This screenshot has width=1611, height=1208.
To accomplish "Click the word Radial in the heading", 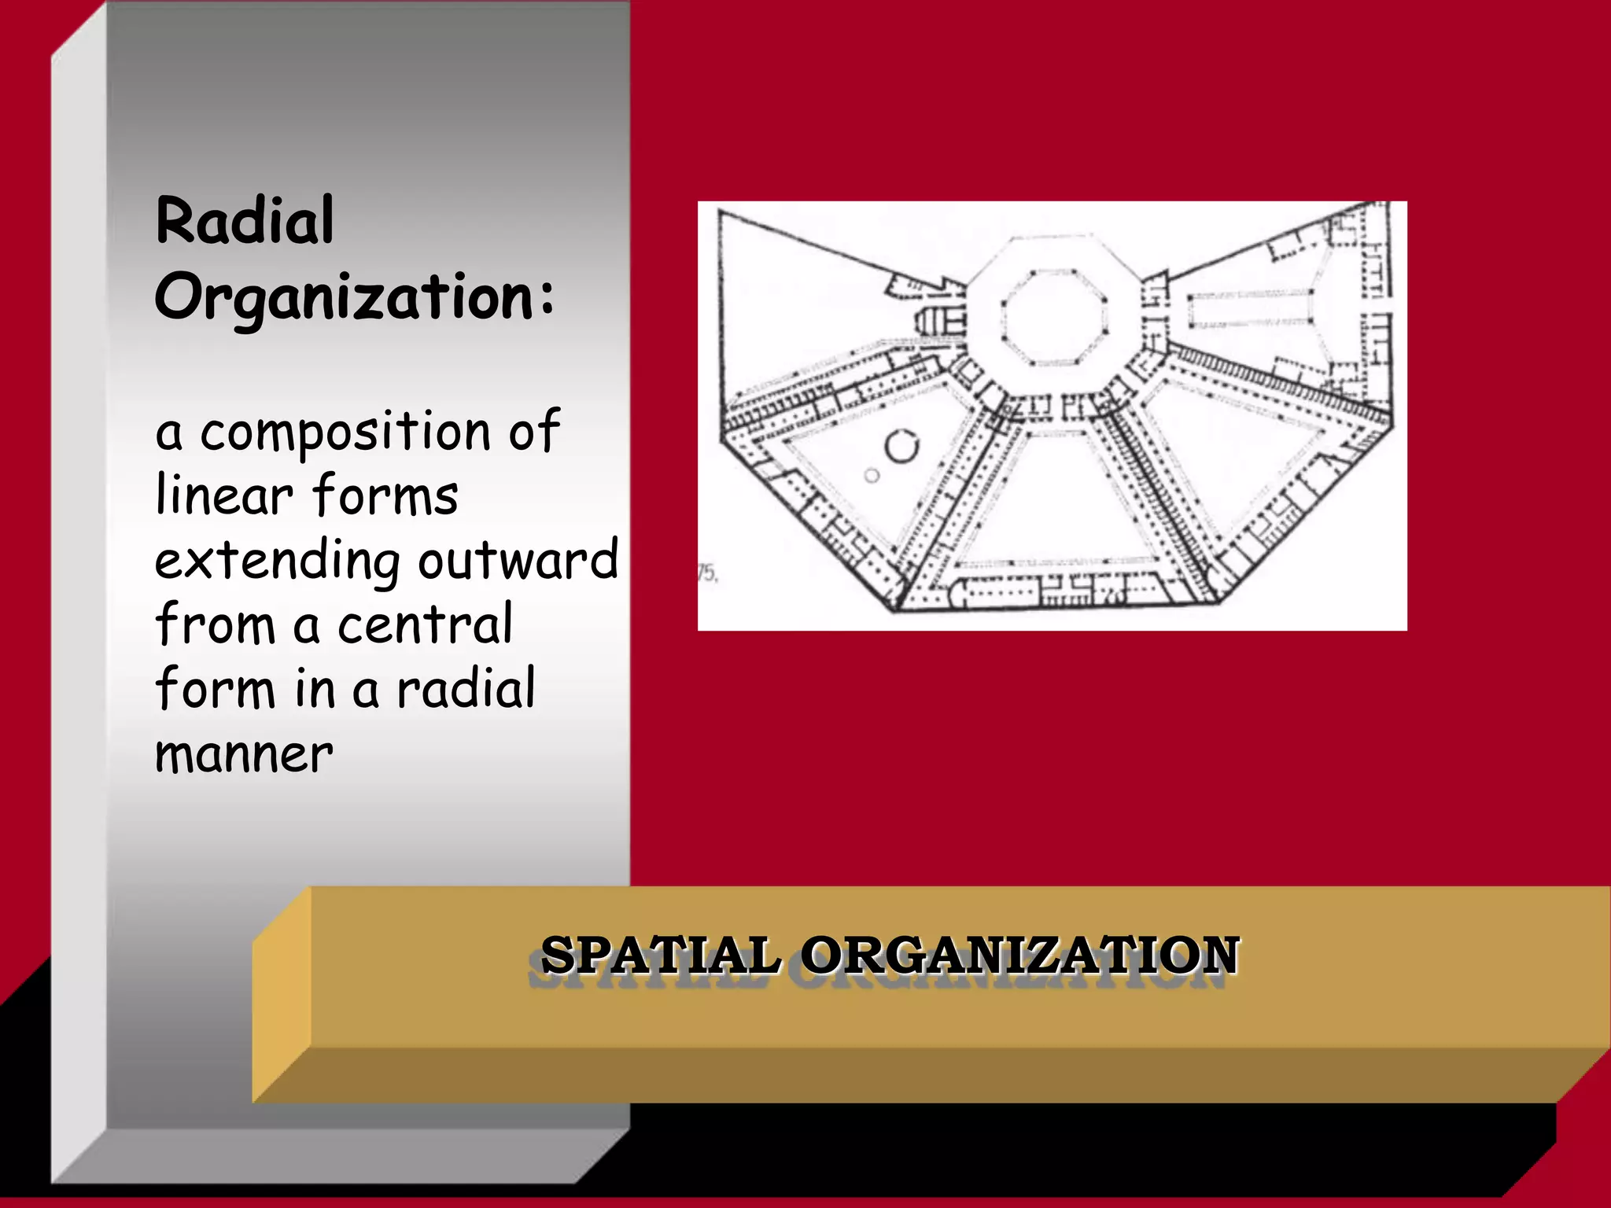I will click(x=245, y=221).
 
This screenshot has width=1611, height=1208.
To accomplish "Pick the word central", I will click(x=425, y=624).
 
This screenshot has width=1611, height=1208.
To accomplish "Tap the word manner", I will click(x=244, y=754).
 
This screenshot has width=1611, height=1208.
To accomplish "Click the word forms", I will click(x=385, y=495).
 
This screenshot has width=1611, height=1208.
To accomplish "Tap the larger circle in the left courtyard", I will click(x=901, y=447).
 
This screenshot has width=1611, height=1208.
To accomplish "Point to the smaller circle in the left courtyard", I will click(x=872, y=476).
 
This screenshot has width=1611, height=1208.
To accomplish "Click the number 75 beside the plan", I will click(x=708, y=573).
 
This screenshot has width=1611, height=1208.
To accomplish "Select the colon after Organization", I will click(x=547, y=298).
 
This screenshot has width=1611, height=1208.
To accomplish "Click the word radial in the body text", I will click(x=466, y=688).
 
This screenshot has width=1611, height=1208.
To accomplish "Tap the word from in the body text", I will click(x=215, y=624).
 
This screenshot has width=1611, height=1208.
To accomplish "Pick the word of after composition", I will click(x=534, y=432).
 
